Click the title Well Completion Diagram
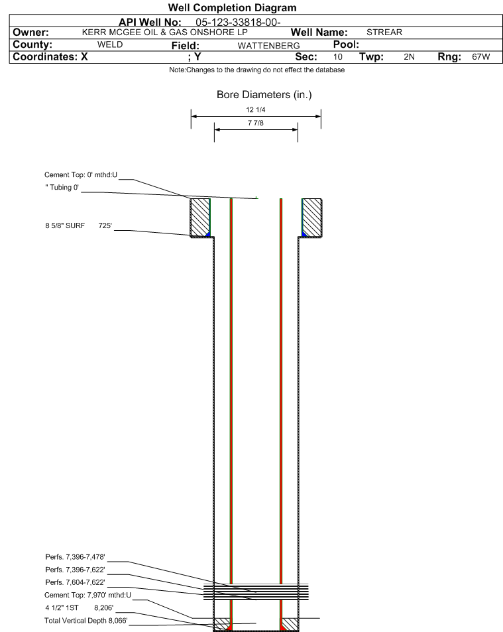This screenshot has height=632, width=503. tap(232, 8)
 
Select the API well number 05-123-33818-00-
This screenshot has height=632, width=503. tap(238, 22)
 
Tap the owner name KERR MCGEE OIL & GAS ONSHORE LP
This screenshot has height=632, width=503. tap(165, 32)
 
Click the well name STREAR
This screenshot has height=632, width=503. tap(384, 32)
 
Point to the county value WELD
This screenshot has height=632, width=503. tap(110, 44)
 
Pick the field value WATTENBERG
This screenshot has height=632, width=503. tap(268, 46)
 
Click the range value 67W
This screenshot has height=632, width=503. tap(481, 56)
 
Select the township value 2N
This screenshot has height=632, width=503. tap(409, 56)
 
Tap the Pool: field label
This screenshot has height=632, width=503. tap(346, 44)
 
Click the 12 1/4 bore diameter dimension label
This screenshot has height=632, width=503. tap(256, 109)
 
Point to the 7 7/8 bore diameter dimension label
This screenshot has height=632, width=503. tap(256, 123)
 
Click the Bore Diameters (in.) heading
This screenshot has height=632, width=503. tap(264, 95)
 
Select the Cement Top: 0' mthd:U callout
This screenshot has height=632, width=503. tap(81, 174)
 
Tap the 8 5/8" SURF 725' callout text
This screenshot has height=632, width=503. tap(78, 225)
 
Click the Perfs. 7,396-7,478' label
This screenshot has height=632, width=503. tap(75, 557)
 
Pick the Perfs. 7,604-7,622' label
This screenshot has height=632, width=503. tap(75, 582)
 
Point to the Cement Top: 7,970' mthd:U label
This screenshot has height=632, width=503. tap(87, 595)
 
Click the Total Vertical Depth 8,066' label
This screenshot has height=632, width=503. tap(85, 620)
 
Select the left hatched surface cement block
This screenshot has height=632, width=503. tap(200, 218)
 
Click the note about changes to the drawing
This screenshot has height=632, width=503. tap(257, 70)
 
